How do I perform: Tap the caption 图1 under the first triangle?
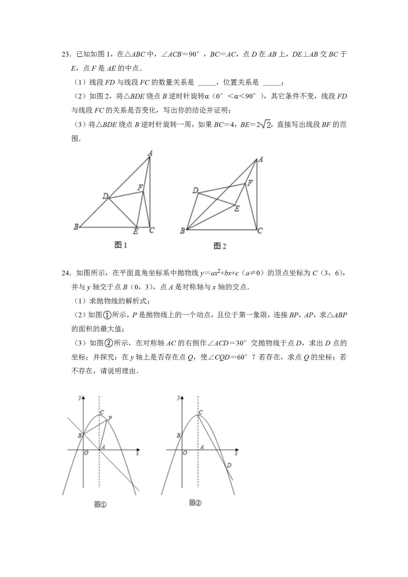(121, 245)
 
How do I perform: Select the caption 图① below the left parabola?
(100, 504)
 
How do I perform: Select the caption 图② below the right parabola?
(195, 503)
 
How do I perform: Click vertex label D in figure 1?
(105, 196)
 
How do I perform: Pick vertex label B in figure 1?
(76, 227)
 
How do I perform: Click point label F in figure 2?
(250, 183)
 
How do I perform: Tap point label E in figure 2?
(237, 209)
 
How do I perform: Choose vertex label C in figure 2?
(260, 231)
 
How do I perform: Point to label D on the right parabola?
(229, 465)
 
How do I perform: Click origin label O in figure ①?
(86, 453)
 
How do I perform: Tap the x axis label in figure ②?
(236, 454)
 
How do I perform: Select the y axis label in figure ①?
(80, 397)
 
